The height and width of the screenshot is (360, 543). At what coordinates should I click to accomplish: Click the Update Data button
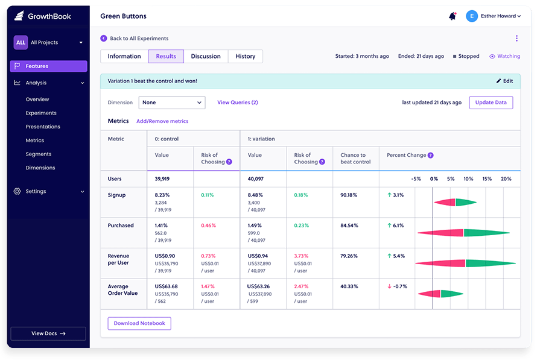point(491,103)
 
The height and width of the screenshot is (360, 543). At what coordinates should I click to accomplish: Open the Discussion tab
point(206,57)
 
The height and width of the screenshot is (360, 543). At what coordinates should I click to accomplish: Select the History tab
point(245,57)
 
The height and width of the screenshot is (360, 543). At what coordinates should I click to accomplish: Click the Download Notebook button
point(139,323)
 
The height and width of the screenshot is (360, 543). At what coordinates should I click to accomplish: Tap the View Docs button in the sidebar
point(48,333)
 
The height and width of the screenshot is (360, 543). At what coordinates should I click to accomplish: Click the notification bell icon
point(452,16)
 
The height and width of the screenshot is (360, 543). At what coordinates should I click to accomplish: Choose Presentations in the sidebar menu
point(43,127)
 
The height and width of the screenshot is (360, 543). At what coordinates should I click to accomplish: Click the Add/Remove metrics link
point(162,121)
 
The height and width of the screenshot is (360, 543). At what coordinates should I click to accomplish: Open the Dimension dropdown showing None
point(172,103)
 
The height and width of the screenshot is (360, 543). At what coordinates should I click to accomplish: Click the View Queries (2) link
point(238,103)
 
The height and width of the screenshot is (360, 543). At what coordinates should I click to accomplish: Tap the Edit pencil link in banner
point(504,81)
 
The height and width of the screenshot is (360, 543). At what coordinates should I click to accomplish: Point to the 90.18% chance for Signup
point(349,195)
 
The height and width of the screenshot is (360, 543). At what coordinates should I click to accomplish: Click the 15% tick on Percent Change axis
point(487,179)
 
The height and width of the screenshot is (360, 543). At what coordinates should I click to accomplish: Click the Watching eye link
point(504,57)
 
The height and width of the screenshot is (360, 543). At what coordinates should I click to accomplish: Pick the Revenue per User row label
point(118,259)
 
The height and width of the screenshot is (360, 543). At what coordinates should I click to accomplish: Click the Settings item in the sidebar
point(36,191)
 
